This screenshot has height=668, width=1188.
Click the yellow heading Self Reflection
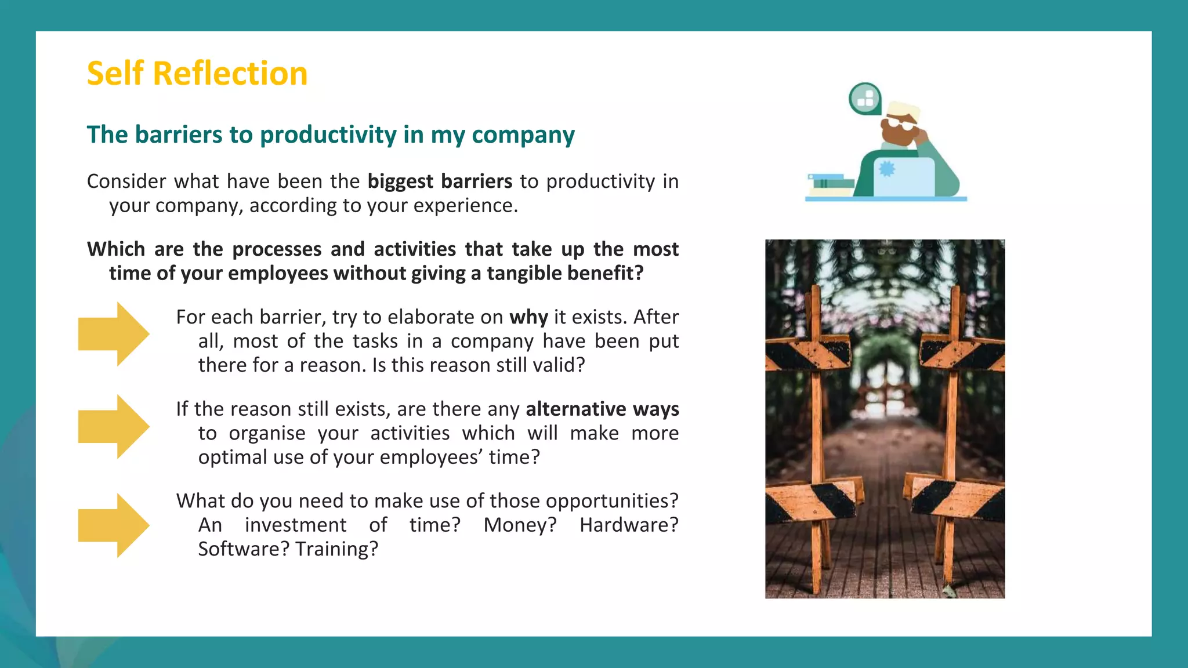(197, 74)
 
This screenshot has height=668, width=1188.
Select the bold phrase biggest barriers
(440, 181)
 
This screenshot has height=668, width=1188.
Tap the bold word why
(528, 317)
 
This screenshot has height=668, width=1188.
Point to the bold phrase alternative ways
(602, 409)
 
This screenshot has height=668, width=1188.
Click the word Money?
(520, 525)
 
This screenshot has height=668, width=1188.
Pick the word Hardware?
(629, 525)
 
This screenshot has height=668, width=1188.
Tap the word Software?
(244, 549)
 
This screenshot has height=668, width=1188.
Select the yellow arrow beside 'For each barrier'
(114, 334)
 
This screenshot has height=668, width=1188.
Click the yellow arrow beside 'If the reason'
(114, 427)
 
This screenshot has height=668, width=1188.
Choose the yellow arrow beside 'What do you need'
(114, 525)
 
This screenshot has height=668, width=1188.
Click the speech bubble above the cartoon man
(865, 99)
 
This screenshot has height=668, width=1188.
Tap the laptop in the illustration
(903, 177)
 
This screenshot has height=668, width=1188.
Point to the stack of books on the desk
(830, 184)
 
